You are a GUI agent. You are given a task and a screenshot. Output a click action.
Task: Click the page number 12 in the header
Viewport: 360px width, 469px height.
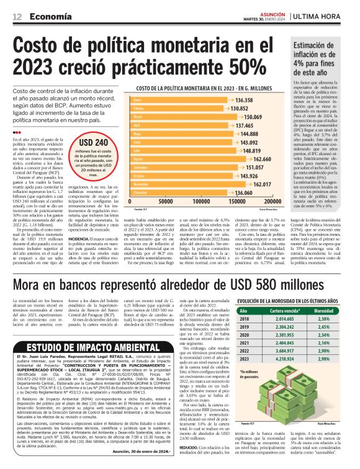17,18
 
